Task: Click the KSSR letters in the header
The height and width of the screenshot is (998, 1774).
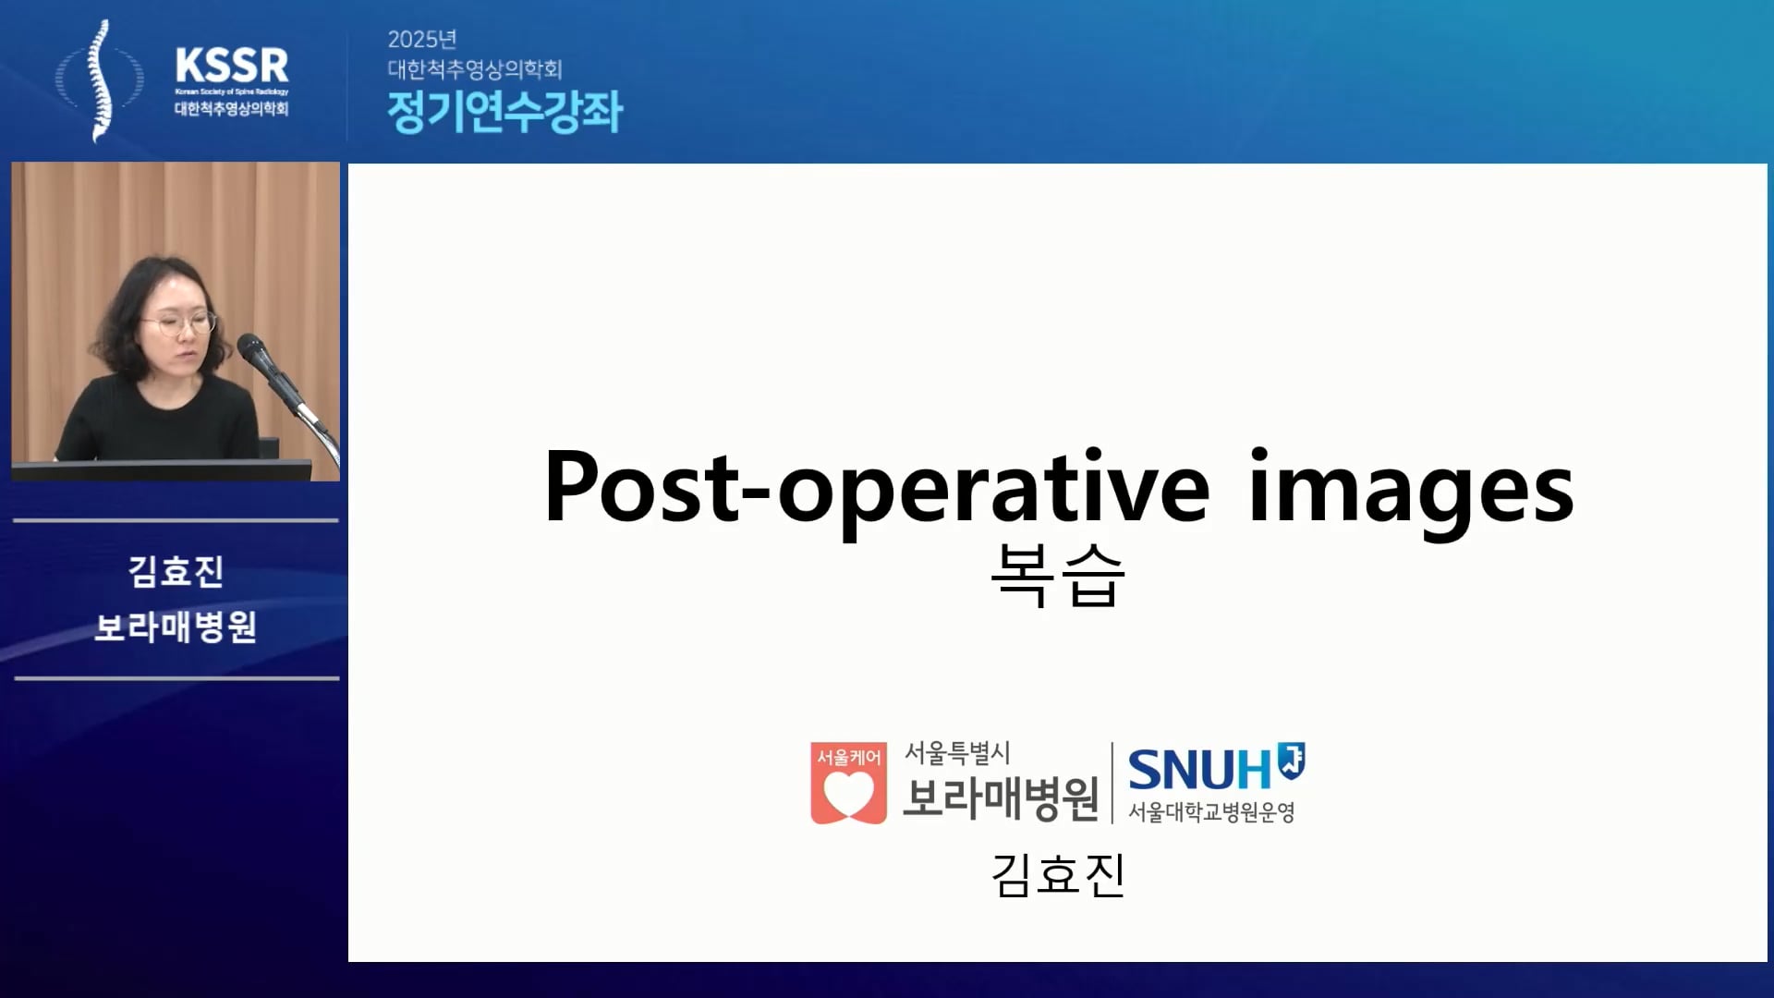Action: point(232,66)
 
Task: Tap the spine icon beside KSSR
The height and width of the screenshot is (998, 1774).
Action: point(100,81)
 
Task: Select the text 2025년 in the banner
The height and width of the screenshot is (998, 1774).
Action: point(422,39)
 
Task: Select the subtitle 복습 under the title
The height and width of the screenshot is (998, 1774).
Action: point(1058,575)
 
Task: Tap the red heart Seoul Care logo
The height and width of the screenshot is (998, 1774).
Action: point(848,783)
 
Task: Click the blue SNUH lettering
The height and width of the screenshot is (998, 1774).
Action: point(1200,769)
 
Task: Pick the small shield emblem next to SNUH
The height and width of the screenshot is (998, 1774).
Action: point(1291,760)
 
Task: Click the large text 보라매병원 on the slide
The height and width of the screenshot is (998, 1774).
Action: point(1001,798)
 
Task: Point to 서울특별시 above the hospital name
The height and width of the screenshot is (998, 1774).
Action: point(957,753)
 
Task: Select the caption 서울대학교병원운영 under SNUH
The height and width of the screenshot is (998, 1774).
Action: point(1211,812)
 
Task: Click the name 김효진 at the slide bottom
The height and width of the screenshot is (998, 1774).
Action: point(1058,874)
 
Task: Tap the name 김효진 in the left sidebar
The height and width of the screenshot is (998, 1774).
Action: point(176,571)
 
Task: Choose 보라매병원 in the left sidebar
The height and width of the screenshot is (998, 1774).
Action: point(176,627)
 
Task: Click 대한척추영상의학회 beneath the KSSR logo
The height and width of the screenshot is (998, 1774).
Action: point(232,108)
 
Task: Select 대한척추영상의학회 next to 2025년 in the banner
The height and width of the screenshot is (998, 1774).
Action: point(475,69)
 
